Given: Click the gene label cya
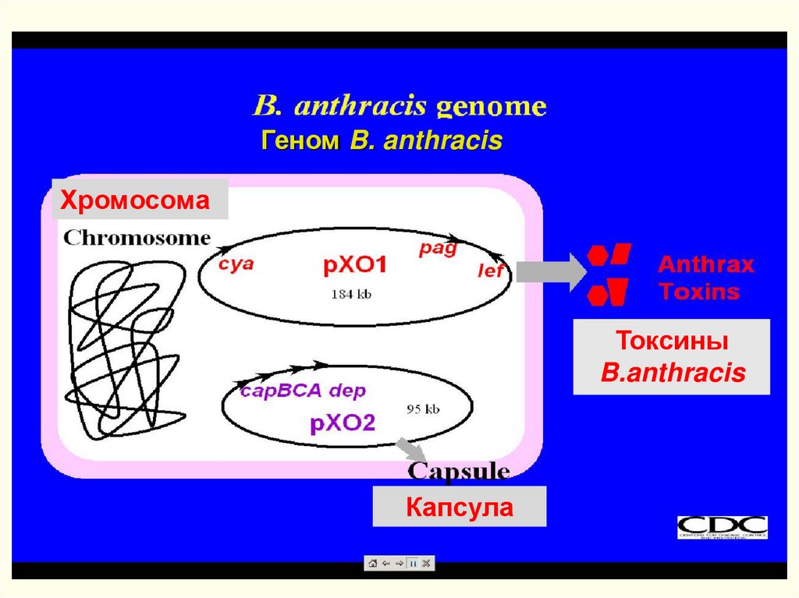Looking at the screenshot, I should pyautogui.click(x=236, y=264).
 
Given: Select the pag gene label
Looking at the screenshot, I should pyautogui.click(x=437, y=249).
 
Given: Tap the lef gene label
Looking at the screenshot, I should pyautogui.click(x=491, y=271).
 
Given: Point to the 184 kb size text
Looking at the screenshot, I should pyautogui.click(x=351, y=294).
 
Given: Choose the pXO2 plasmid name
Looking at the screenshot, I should pyautogui.click(x=343, y=423).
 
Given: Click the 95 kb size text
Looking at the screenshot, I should pyautogui.click(x=423, y=408).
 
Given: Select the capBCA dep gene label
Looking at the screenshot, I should pyautogui.click(x=302, y=391).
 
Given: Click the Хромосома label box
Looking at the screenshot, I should pyautogui.click(x=137, y=200).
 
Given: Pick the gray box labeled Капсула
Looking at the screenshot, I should pyautogui.click(x=460, y=508).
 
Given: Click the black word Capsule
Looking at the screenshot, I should pyautogui.click(x=460, y=471).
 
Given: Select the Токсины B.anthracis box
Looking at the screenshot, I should pyautogui.click(x=672, y=357).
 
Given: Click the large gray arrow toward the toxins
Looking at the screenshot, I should pyautogui.click(x=551, y=271).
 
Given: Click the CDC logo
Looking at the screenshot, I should pyautogui.click(x=722, y=527).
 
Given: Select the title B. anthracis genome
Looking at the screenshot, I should pyautogui.click(x=399, y=105).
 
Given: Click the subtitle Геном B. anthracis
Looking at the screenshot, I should pyautogui.click(x=382, y=141).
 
